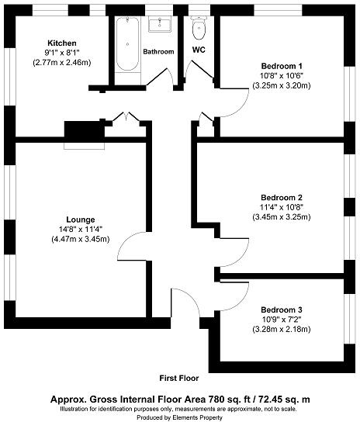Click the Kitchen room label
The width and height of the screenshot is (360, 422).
(61, 43)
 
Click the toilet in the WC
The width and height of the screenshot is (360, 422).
(198, 29)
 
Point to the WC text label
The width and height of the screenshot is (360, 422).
(199, 50)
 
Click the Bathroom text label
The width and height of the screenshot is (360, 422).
(158, 52)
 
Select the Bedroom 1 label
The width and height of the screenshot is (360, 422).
(280, 65)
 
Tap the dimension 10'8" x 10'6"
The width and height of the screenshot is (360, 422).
(280, 75)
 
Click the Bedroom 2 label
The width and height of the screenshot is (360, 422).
(281, 196)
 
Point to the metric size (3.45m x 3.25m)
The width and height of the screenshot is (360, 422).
(281, 217)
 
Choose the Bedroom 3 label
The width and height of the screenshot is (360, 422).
(281, 309)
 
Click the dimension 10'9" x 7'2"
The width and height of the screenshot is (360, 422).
(281, 319)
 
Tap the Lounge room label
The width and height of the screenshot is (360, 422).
(76, 218)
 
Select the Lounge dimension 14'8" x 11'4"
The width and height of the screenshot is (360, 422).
(76, 228)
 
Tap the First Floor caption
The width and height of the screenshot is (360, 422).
(179, 379)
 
